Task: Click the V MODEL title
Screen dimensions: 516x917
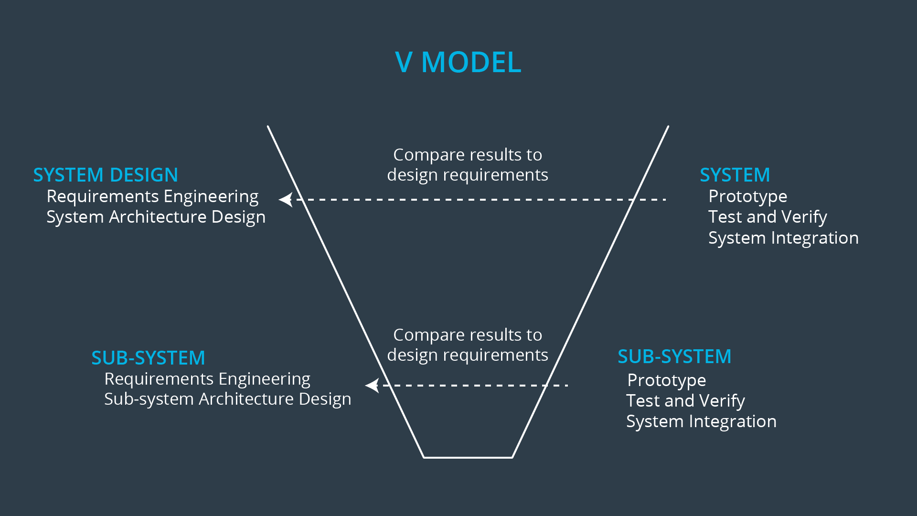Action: point(458,62)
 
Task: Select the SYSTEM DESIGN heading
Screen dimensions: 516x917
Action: point(106,175)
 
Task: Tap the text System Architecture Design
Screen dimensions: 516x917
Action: point(156,217)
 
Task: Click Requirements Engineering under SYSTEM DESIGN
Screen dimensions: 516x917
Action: point(152,196)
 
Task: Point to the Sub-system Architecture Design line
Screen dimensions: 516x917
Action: point(227,399)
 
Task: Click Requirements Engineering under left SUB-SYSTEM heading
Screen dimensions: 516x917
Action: point(207,379)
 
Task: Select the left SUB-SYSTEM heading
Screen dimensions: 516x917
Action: point(148,358)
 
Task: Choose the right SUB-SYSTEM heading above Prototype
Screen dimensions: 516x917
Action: point(674,356)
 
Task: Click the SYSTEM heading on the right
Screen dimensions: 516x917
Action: point(735,175)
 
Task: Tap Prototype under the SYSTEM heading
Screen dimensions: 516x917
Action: point(747,196)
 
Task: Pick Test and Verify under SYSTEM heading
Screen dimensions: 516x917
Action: point(768,217)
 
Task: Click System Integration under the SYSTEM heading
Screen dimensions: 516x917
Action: point(783,238)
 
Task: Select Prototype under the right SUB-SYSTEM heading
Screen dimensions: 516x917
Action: point(666,380)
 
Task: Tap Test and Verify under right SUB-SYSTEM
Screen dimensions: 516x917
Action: point(685,401)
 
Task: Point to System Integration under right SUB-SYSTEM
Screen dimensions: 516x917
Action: point(701,421)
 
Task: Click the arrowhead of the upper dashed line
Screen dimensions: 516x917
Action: point(286,199)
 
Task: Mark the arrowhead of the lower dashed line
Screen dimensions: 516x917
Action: point(372,385)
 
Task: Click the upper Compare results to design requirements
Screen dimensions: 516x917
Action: point(468,165)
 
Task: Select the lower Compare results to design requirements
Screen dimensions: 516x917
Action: point(468,345)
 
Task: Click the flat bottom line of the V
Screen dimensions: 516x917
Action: point(468,457)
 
